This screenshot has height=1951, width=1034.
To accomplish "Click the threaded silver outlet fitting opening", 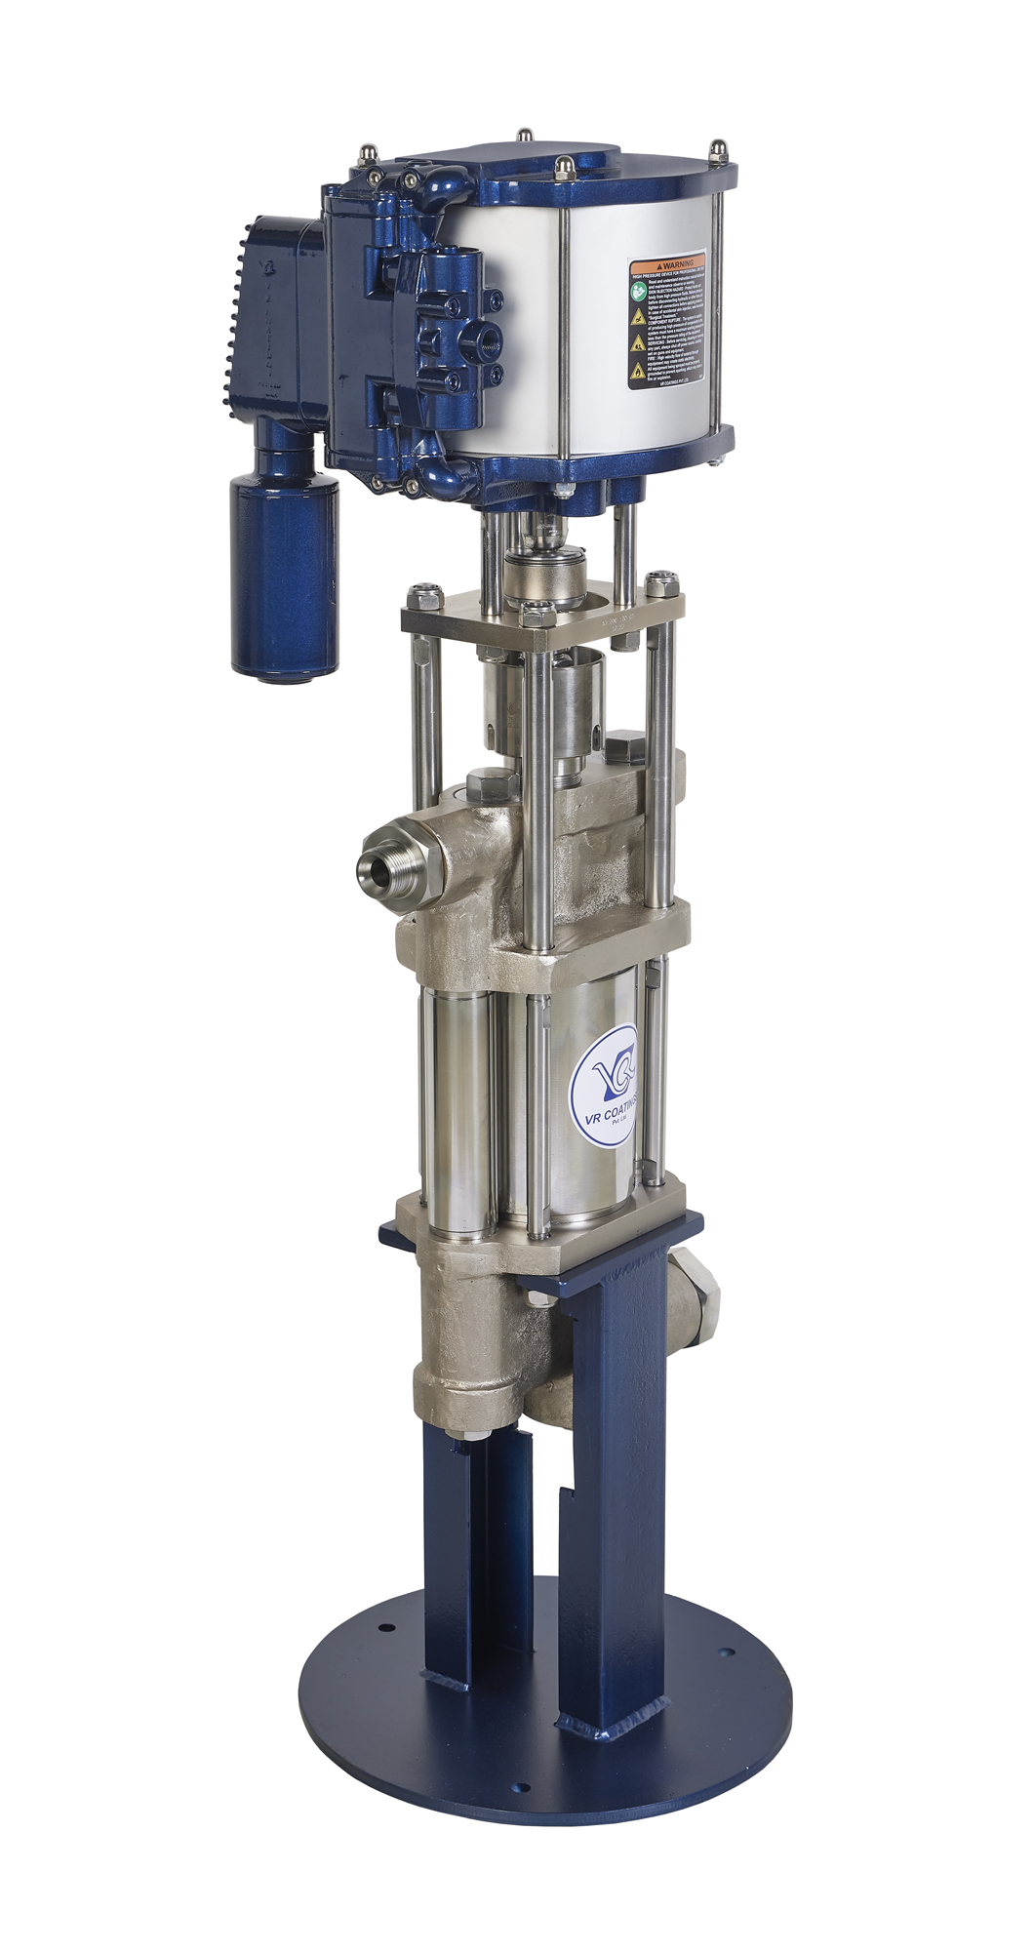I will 376,863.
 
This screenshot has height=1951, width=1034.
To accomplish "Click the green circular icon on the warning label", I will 636,289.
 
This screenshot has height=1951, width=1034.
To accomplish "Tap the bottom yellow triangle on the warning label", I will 636,369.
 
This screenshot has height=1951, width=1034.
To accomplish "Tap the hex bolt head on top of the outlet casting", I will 490,783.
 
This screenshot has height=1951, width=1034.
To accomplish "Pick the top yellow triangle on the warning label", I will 636,319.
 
